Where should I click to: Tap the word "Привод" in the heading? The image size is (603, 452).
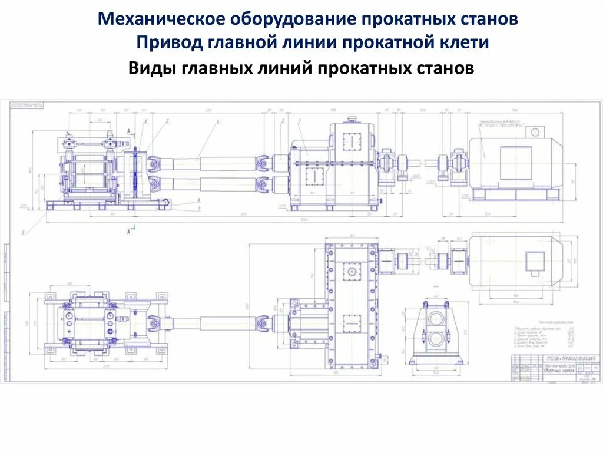pos(168,43)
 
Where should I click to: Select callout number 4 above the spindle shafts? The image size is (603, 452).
pos(218,121)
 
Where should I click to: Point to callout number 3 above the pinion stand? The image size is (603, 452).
pos(283,121)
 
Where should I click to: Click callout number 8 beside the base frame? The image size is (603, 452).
pos(200,200)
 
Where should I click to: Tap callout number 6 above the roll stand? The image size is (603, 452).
pos(145,121)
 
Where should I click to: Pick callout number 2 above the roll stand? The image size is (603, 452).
pos(168,121)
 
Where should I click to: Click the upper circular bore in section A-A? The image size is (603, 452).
pos(436,317)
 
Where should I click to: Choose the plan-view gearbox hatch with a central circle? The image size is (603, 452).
pos(352,271)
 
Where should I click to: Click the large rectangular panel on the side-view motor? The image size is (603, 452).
pos(515,161)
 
